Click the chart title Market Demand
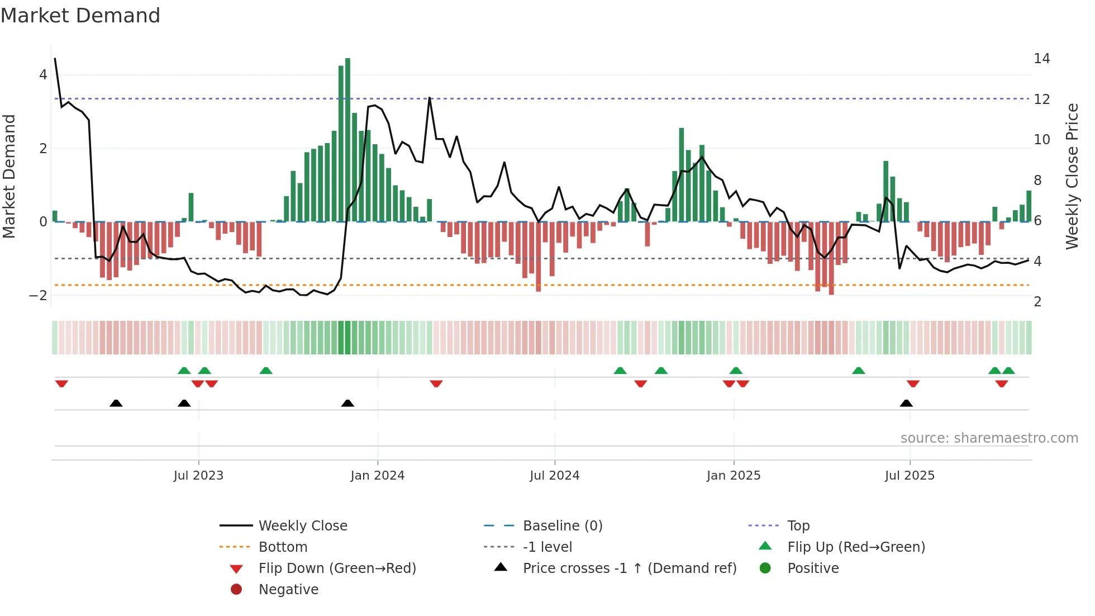80,16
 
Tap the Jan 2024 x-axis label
377,476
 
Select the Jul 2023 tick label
198,476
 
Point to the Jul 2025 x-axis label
910,476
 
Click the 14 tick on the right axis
1041,59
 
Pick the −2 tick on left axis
38,296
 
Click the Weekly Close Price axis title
1072,176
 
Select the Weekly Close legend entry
302,526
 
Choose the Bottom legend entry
283,547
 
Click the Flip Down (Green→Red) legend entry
337,568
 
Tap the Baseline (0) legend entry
562,526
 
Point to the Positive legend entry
812,568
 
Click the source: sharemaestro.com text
989,438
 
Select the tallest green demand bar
347,140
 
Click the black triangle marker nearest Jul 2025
906,403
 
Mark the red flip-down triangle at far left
61,383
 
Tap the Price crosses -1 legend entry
629,568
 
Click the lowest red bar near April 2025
831,258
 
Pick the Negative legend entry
288,590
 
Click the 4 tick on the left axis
43,75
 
